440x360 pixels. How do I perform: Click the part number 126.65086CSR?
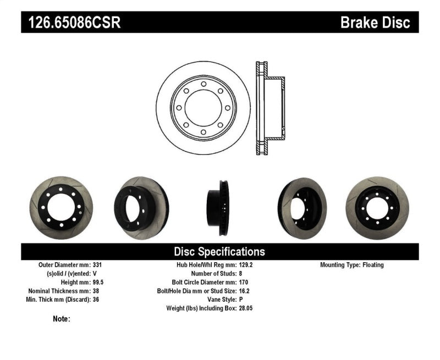point(72,23)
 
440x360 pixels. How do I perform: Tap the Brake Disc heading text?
point(375,23)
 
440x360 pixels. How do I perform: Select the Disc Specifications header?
point(219,252)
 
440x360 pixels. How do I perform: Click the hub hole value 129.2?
point(246,265)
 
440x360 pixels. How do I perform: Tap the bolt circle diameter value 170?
point(244,283)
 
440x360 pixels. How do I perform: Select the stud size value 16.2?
point(244,291)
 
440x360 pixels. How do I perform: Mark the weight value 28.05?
point(246,309)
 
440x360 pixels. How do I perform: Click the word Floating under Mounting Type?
point(373,265)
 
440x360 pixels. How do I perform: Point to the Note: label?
point(62,319)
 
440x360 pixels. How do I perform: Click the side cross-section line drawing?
point(270,108)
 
